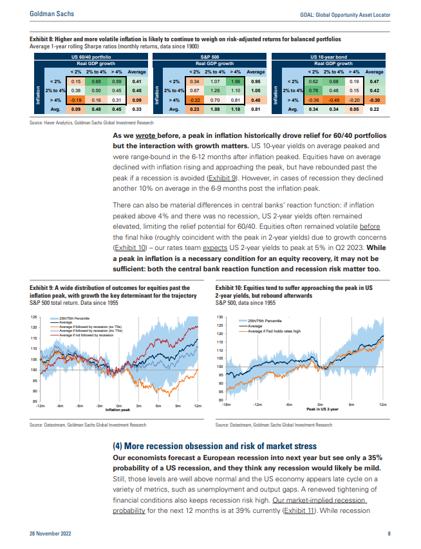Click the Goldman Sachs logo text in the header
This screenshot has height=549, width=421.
pos(51,14)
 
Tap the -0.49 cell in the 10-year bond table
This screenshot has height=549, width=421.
pos(333,100)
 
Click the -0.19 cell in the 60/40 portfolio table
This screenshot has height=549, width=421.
pos(76,100)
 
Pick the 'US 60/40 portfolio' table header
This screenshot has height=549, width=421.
pos(91,57)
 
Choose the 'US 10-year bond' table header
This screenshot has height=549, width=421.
pos(329,57)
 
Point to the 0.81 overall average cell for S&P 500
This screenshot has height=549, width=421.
pos(256,110)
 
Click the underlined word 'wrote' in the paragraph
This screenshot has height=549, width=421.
pos(145,135)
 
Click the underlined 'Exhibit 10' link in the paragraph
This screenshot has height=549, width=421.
pos(130,247)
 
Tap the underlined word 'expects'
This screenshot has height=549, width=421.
pos(215,247)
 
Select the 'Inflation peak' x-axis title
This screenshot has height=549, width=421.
pos(118,410)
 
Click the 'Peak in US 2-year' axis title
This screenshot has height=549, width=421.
pos(323,409)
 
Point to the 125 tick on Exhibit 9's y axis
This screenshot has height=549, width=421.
pos(34,317)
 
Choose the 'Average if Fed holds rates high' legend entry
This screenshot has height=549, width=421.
pos(270,331)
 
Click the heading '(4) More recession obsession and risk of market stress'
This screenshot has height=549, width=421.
pos(215,446)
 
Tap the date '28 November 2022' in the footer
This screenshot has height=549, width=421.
pos(50,534)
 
